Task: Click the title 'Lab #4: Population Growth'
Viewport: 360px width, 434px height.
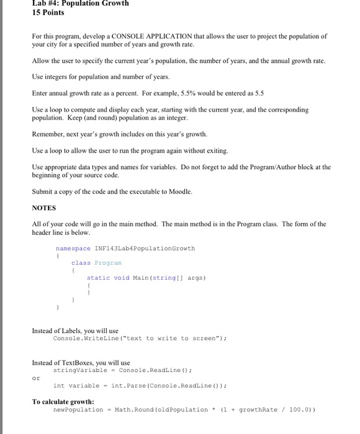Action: coord(80,3)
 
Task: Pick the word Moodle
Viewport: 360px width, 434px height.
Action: coord(179,192)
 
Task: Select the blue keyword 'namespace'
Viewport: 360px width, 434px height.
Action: coord(73,248)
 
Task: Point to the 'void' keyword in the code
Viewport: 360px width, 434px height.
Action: coord(122,278)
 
